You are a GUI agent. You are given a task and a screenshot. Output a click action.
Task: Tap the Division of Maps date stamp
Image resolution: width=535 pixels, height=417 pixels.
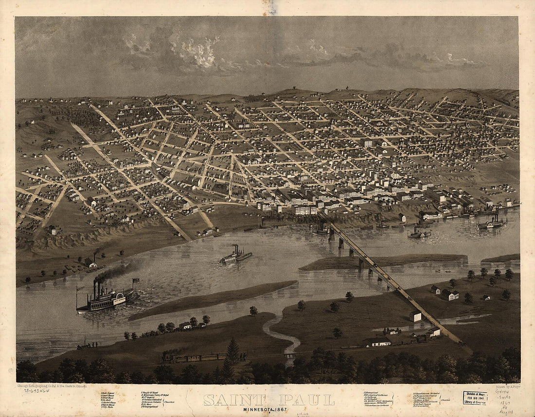[x=475, y=398]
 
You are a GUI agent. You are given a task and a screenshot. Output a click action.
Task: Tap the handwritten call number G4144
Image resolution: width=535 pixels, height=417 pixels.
[x=502, y=391]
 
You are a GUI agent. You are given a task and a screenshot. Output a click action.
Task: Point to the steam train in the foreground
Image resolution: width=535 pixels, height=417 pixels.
[x=195, y=358]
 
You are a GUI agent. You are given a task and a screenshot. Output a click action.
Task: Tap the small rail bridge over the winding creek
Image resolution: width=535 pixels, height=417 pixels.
[x=290, y=355]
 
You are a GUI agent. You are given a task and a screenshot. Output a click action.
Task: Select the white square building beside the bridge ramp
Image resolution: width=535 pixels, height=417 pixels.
[x=415, y=316]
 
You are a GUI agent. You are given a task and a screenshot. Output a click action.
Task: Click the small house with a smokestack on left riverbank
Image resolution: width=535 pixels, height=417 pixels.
[x=90, y=262]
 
